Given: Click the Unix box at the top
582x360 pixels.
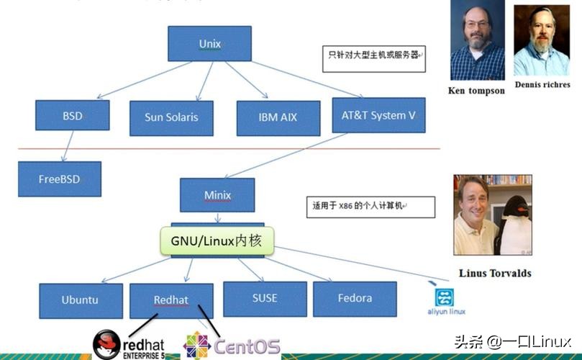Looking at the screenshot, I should [209, 44].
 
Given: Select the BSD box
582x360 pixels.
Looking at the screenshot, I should [72, 115].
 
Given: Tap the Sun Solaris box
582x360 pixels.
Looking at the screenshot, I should [171, 117].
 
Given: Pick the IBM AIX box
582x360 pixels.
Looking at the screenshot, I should [278, 117].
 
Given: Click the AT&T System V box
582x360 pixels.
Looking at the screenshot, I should [378, 115].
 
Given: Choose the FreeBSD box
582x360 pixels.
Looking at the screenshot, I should [59, 179].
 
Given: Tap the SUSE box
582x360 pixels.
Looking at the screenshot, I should [265, 298].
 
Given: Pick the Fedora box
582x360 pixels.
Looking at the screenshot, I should [355, 298].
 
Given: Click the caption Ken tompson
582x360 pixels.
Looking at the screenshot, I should [476, 91].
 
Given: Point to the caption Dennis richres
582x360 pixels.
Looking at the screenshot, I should [542, 84].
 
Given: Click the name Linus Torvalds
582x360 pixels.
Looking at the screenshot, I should [494, 273].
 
